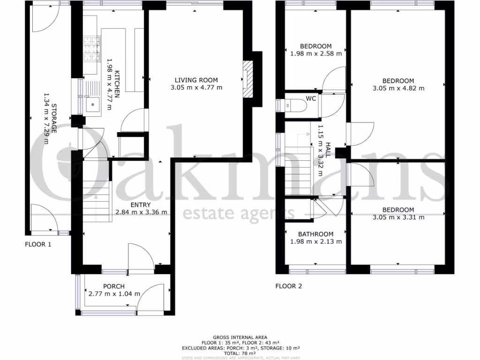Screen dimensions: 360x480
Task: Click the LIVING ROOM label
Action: pyautogui.click(x=196, y=80)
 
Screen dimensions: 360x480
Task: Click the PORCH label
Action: pyautogui.click(x=114, y=286)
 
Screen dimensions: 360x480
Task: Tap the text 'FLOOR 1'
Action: pyautogui.click(x=38, y=244)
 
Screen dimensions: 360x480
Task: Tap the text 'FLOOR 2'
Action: pyautogui.click(x=288, y=286)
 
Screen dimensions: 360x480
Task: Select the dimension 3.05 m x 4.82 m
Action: pyautogui.click(x=398, y=88)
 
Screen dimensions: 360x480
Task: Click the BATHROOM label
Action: pyautogui.click(x=315, y=234)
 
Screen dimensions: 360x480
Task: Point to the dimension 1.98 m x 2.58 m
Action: pyautogui.click(x=315, y=54)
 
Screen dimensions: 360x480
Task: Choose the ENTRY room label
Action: pyautogui.click(x=141, y=204)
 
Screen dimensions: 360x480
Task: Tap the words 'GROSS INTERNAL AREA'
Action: pyautogui.click(x=240, y=337)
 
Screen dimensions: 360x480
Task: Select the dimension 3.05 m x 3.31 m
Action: pyautogui.click(x=398, y=217)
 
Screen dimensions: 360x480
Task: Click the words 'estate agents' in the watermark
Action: pyautogui.click(x=239, y=213)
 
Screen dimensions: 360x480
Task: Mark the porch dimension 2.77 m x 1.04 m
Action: pyautogui.click(x=114, y=294)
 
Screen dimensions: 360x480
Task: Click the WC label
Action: pyautogui.click(x=310, y=99)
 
